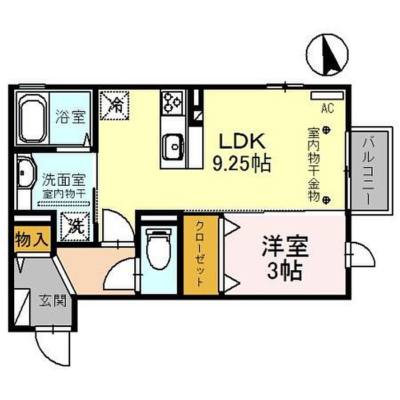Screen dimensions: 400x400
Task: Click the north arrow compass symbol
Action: (x=327, y=55)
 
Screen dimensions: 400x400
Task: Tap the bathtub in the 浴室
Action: (x=32, y=118)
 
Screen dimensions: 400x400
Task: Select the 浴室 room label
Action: (x=70, y=117)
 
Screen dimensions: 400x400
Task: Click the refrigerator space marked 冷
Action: (x=114, y=105)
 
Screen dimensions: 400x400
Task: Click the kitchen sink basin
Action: (x=174, y=147)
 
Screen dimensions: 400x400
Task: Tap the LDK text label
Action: (x=242, y=142)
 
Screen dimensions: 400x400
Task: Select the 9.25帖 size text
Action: (x=242, y=163)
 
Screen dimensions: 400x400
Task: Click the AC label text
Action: (x=327, y=109)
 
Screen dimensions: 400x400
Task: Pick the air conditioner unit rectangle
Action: (x=327, y=95)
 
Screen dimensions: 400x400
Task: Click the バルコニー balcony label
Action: (x=369, y=170)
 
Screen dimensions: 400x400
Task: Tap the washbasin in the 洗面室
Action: (x=26, y=173)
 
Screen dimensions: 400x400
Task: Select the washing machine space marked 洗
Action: (x=75, y=226)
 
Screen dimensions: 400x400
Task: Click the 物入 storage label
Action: (x=32, y=239)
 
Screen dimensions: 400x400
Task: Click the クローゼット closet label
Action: (x=200, y=254)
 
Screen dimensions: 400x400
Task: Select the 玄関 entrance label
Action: (x=53, y=301)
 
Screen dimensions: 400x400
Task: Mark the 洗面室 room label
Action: (x=64, y=180)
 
